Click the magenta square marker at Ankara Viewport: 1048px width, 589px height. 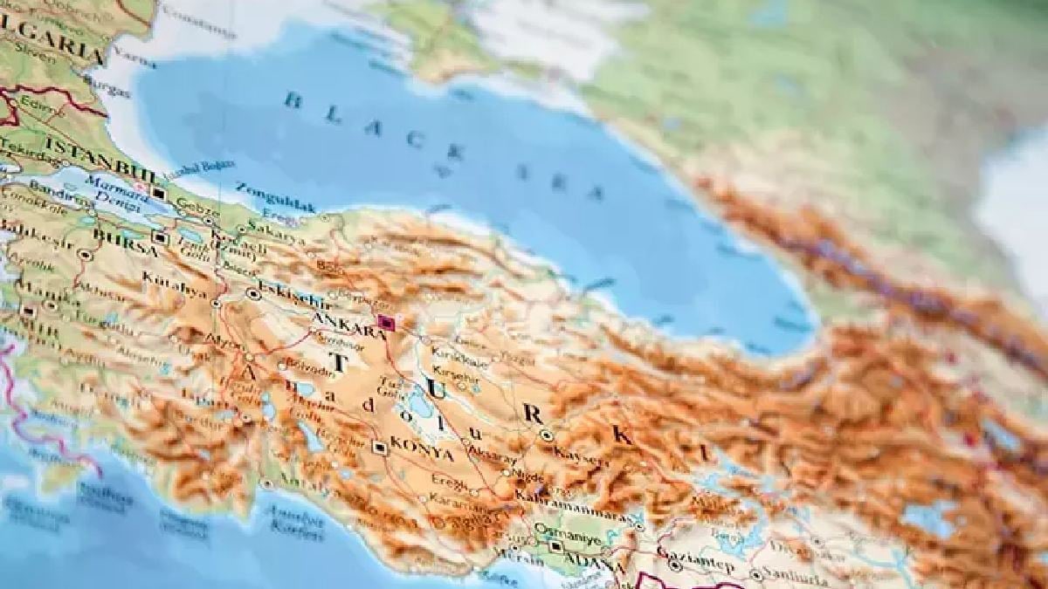coord(386,324)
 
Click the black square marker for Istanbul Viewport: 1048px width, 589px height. coord(159,193)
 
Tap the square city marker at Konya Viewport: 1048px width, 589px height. coord(380,448)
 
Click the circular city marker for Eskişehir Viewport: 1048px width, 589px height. coord(253,294)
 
